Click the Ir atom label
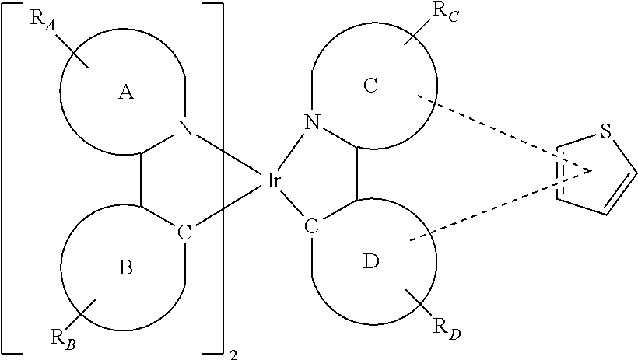(273, 180)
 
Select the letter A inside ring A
(126, 93)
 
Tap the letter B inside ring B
(125, 268)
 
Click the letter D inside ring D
(370, 261)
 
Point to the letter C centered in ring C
(370, 86)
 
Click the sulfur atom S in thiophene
(606, 132)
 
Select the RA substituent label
(43, 21)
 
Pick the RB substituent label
(63, 339)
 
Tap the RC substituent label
(445, 12)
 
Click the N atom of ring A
(185, 128)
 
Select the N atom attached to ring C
(313, 121)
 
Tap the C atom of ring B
(184, 232)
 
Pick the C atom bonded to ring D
(312, 226)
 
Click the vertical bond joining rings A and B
(141, 180)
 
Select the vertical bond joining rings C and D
(357, 173)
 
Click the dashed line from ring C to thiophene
(503, 133)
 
